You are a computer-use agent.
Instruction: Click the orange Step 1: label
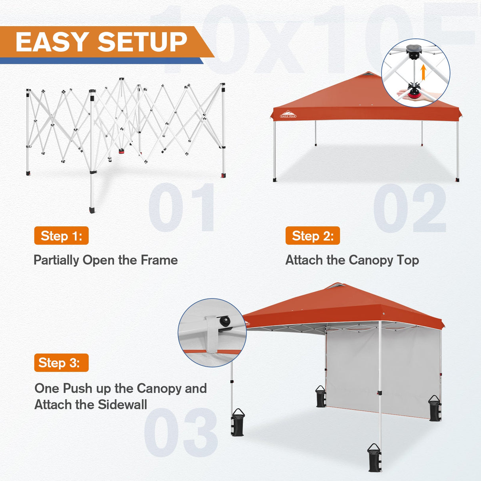coord(61,236)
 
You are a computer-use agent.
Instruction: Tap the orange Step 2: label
coord(313,236)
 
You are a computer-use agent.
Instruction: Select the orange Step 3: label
coord(61,363)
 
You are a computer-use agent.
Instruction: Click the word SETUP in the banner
coord(142,42)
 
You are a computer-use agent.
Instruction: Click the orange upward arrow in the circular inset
coord(423,73)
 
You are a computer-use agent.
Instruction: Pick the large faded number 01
coord(182,208)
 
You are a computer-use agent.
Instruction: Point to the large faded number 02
coord(410,208)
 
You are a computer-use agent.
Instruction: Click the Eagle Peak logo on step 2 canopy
coord(288,115)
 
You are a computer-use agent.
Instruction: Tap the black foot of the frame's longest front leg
coord(92,210)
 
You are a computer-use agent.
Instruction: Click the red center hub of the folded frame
coord(122,151)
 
